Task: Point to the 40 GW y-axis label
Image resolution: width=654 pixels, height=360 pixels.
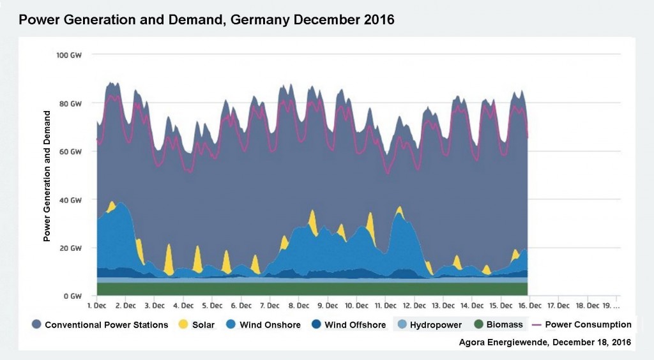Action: pos(70,200)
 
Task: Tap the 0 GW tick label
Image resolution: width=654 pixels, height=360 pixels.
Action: pos(72,296)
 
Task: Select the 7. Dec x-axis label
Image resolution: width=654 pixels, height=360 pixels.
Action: pos(270,306)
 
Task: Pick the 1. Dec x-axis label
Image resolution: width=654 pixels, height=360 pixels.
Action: pos(96,306)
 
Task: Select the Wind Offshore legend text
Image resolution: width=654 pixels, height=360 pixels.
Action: pos(355,325)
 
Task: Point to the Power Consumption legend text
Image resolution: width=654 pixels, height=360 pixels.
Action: pos(588,325)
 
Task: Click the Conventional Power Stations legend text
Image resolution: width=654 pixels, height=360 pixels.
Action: pos(107,325)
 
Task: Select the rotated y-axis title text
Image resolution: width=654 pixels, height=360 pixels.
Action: pos(47,176)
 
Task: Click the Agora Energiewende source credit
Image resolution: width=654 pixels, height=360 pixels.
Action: pos(545,343)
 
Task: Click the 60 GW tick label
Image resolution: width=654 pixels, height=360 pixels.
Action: pos(70,151)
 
